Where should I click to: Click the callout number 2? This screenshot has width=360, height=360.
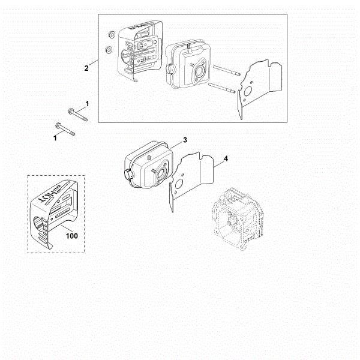click(x=86, y=68)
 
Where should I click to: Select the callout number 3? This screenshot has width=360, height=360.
click(x=185, y=140)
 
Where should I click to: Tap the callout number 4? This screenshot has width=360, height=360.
click(x=226, y=158)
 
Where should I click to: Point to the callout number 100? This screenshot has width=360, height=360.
click(x=72, y=236)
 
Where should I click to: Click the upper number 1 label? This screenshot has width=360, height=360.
click(x=87, y=104)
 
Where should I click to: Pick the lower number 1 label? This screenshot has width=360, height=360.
click(x=55, y=138)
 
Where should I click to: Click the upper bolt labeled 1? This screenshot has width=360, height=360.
click(x=77, y=115)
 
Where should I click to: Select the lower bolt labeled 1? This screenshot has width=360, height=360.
click(x=65, y=130)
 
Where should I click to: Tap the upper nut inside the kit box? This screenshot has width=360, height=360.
click(x=112, y=34)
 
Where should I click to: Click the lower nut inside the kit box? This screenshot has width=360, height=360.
click(x=109, y=50)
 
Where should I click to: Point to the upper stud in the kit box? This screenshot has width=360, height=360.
click(x=227, y=70)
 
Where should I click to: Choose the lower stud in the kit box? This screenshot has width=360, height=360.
click(x=222, y=88)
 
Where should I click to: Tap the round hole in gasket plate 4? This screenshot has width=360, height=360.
click(x=179, y=184)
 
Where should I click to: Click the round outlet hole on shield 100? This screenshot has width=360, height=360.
click(x=40, y=222)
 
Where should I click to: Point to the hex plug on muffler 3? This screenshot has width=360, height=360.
click(x=128, y=175)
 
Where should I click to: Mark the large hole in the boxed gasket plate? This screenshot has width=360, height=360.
click(x=248, y=92)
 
